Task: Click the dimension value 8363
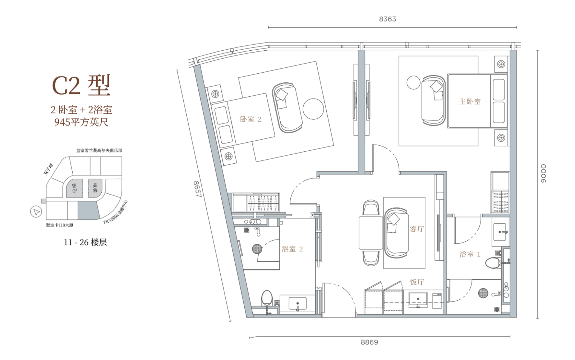(x=387, y=19)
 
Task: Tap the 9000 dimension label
(x=543, y=173)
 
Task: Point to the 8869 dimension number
(x=369, y=342)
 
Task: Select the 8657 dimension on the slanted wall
(x=197, y=189)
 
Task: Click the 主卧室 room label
(x=470, y=101)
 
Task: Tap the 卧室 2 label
(x=250, y=119)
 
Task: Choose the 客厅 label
(x=417, y=229)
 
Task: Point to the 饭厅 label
(x=417, y=282)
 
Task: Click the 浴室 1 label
(x=470, y=254)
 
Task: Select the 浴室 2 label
(x=292, y=249)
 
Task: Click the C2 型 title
(x=81, y=85)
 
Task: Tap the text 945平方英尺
(x=81, y=122)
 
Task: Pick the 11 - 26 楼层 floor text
(x=85, y=242)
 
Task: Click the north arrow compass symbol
(x=36, y=212)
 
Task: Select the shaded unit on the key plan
(x=88, y=210)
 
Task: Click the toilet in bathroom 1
(x=493, y=263)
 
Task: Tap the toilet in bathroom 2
(x=267, y=298)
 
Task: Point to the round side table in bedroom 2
(x=313, y=109)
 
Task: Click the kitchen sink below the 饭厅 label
(x=418, y=300)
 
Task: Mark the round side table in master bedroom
(x=414, y=82)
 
